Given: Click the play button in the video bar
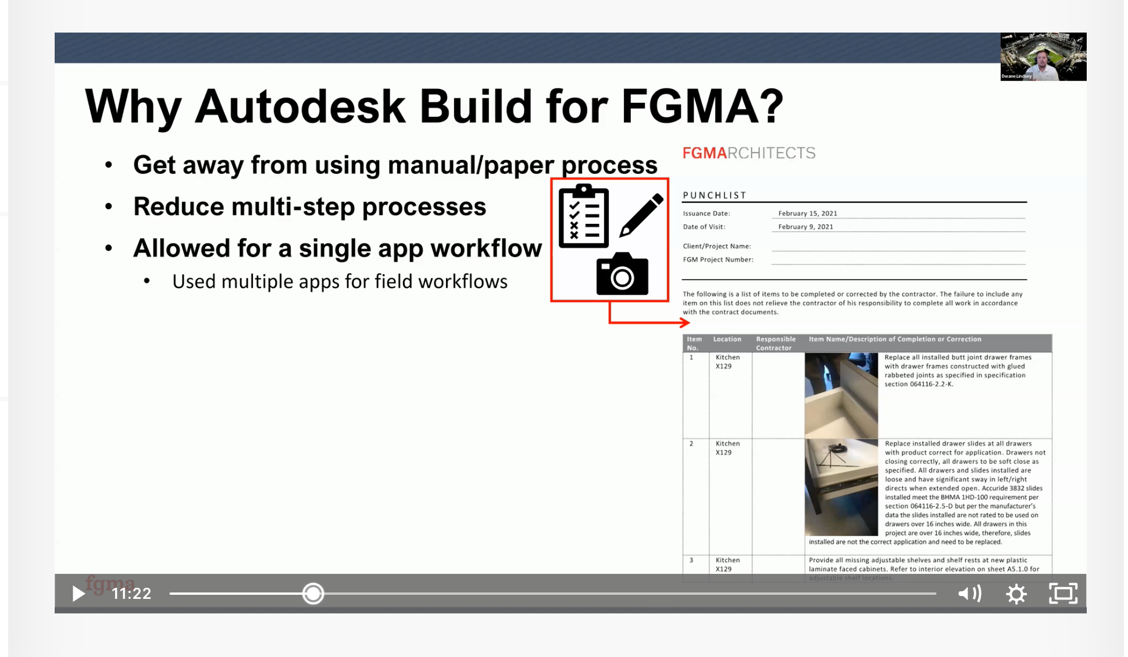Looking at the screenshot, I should pyautogui.click(x=78, y=594).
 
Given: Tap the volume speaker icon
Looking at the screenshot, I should pyautogui.click(x=969, y=594).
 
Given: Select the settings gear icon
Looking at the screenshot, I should pyautogui.click(x=1016, y=594).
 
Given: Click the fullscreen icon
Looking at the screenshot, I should pyautogui.click(x=1063, y=594).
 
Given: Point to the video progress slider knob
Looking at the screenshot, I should pyautogui.click(x=313, y=594).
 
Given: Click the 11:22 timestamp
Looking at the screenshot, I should pyautogui.click(x=131, y=594).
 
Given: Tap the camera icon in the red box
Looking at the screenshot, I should pyautogui.click(x=622, y=274).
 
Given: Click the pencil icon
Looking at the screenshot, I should pyautogui.click(x=641, y=215).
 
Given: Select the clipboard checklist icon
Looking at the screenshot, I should pyautogui.click(x=583, y=216).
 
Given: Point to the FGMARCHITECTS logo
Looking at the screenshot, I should pyautogui.click(x=749, y=153).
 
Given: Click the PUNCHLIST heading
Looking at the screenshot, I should pyautogui.click(x=714, y=195).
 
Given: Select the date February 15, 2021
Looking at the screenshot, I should pyautogui.click(x=808, y=213).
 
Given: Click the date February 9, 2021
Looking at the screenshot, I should pyautogui.click(x=805, y=227).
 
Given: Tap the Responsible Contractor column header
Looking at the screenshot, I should pyautogui.click(x=776, y=343).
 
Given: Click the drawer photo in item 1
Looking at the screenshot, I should pyautogui.click(x=841, y=395).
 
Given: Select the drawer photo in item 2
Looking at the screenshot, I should pyautogui.click(x=841, y=487).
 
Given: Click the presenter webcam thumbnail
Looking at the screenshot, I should pyautogui.click(x=1043, y=56).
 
